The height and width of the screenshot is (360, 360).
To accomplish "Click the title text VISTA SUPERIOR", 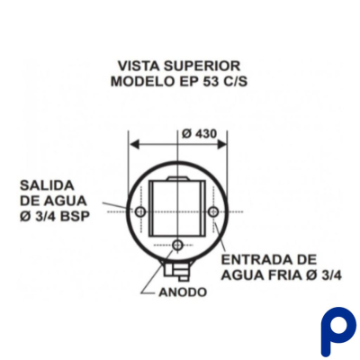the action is (x=179, y=66).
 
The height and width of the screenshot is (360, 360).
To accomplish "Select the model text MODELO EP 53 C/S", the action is (x=179, y=82).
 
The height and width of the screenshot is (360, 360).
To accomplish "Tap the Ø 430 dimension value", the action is (x=199, y=134).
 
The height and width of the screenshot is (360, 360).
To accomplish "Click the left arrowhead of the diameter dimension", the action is (x=134, y=145).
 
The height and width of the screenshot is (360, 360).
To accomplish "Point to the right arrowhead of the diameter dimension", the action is (x=221, y=145).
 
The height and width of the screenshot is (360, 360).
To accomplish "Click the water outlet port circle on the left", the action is (x=140, y=212).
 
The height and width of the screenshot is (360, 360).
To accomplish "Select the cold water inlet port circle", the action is (x=213, y=211).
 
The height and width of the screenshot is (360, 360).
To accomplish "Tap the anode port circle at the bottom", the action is (x=178, y=246).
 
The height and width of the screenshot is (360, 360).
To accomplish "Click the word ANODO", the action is (x=183, y=292).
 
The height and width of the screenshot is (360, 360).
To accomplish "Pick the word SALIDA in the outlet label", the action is (x=47, y=185).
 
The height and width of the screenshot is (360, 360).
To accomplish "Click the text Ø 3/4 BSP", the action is (x=55, y=216).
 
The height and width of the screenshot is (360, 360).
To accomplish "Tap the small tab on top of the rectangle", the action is (x=178, y=178).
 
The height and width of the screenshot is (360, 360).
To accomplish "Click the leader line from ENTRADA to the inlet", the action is (x=220, y=239).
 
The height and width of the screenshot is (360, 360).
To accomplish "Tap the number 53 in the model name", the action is (x=203, y=82).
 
